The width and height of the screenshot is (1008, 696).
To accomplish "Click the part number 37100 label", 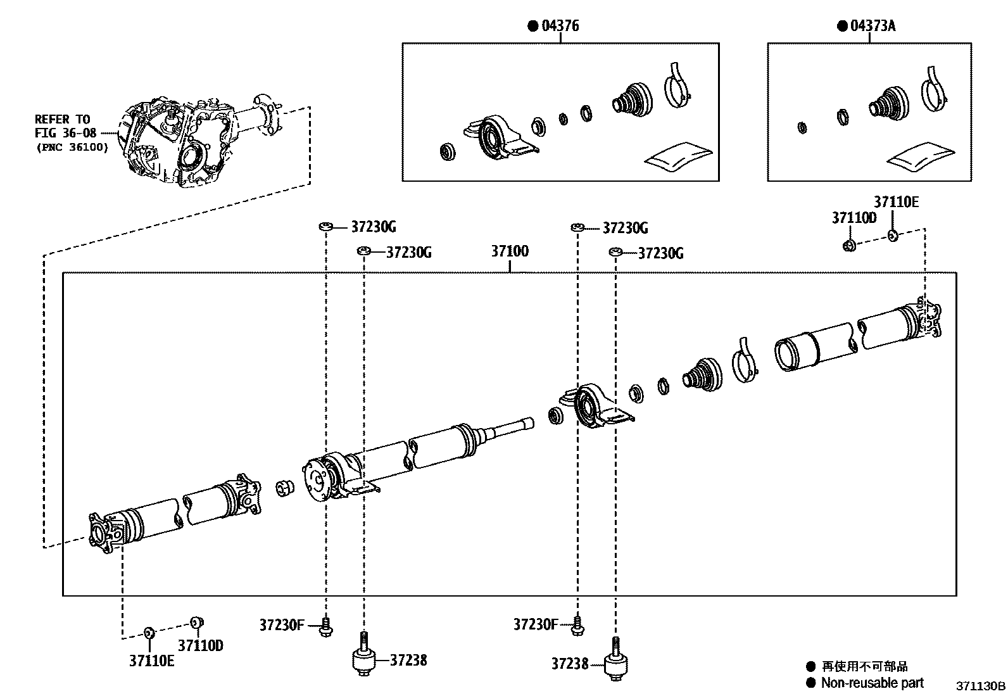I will tap(510, 251).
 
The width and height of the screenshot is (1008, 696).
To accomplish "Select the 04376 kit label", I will tap(560, 26).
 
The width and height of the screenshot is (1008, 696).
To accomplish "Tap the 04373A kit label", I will tap(873, 26).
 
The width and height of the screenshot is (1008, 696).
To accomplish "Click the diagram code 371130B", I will tap(980, 686).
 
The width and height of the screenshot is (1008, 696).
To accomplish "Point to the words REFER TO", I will tap(62, 119).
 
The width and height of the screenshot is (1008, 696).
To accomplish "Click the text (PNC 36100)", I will tap(72, 147).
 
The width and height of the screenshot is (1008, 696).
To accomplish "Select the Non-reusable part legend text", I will tap(872, 683).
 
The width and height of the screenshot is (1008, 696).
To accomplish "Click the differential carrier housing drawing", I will tap(177, 142).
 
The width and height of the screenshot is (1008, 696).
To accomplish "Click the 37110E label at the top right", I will tap(896, 203).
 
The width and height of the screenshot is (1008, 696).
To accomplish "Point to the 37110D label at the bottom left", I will tap(200, 646).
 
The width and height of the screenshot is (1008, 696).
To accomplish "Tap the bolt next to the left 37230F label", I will tap(327, 626).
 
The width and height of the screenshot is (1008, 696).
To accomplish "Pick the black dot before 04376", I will tap(532, 26).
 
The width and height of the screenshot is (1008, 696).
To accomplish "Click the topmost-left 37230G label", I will tap(373, 227).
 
